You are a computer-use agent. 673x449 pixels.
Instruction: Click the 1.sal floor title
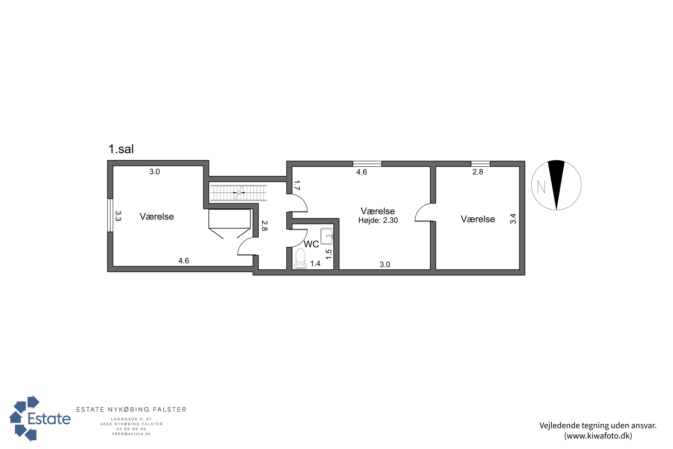[x=121, y=149]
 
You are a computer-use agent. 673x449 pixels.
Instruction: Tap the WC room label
[x=311, y=244]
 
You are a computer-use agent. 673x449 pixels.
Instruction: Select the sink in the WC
[x=327, y=236]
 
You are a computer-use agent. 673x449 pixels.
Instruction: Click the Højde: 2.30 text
[x=378, y=220]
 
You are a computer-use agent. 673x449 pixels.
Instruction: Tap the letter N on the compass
[x=541, y=187]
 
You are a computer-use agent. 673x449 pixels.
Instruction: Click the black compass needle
[x=556, y=185]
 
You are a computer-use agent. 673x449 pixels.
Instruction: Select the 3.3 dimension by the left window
[x=118, y=216]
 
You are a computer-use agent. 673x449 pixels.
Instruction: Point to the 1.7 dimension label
[x=296, y=185]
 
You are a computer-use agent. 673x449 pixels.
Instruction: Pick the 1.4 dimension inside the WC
[x=315, y=263]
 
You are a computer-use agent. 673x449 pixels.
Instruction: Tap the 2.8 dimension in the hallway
[x=264, y=226]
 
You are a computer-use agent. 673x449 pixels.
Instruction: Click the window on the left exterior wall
[x=110, y=215]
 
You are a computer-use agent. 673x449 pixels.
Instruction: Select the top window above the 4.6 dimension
[x=367, y=164]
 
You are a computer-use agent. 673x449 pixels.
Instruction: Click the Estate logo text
[x=49, y=419]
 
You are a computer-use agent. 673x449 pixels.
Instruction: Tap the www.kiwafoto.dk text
[x=598, y=436]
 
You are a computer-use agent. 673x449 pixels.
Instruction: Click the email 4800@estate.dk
[x=131, y=434]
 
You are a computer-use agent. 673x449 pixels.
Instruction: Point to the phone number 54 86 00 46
[x=131, y=429]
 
